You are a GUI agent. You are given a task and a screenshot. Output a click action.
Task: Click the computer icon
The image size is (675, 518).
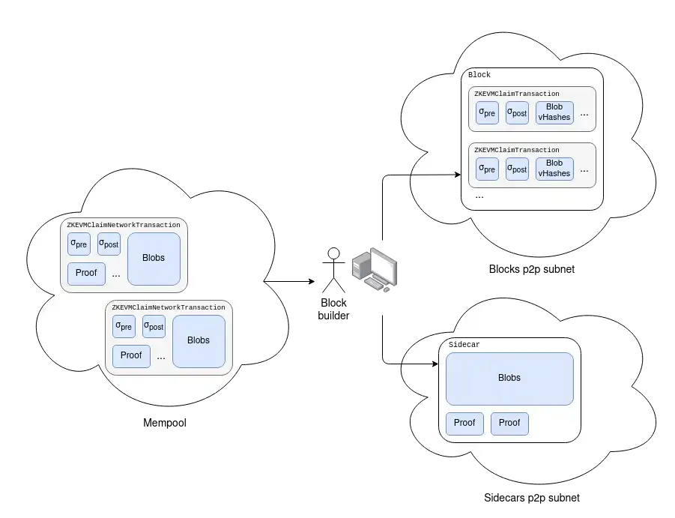coord(374,268)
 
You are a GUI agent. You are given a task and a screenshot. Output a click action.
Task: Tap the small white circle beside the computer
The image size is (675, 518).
coord(333,253)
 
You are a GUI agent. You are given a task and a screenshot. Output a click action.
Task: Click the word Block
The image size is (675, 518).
coord(479,75)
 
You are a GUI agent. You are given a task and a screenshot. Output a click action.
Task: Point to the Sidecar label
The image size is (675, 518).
coord(464,345)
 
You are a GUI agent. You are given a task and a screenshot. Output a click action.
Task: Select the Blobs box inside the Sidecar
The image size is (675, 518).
coord(509,378)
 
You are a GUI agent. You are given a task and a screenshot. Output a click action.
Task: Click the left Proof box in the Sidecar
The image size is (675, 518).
coord(464,423)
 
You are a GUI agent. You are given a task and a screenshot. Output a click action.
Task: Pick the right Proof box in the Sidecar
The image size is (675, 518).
coord(509,423)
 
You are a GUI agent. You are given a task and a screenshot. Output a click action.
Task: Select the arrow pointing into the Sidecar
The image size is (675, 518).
coord(420,364)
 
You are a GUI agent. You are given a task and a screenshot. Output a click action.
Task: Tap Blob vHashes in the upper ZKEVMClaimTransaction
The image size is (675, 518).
coord(554,112)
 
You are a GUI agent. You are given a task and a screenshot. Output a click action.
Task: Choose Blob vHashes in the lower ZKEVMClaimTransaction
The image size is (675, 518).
coord(554,169)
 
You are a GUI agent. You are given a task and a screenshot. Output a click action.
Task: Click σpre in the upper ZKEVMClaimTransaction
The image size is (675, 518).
coord(487,112)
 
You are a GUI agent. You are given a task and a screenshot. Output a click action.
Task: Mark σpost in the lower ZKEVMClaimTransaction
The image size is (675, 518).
coord(517,169)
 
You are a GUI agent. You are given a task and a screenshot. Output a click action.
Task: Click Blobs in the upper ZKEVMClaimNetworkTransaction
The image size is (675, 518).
coord(154,259)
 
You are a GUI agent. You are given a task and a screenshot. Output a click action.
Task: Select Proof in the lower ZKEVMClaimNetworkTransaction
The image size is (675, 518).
coord(131,355)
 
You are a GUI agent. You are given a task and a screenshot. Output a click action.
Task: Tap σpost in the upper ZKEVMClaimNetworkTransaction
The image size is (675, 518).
coord(109,244)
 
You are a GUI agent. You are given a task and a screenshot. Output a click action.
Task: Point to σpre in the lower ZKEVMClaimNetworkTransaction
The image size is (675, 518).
coord(124,326)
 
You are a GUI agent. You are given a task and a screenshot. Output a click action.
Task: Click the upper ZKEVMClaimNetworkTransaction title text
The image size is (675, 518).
coord(124,225)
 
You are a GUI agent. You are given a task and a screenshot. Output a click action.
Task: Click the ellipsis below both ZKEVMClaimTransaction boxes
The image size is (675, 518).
coord(479,196)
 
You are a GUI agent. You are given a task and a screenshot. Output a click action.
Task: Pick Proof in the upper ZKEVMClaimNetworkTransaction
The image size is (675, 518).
coord(86,273)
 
